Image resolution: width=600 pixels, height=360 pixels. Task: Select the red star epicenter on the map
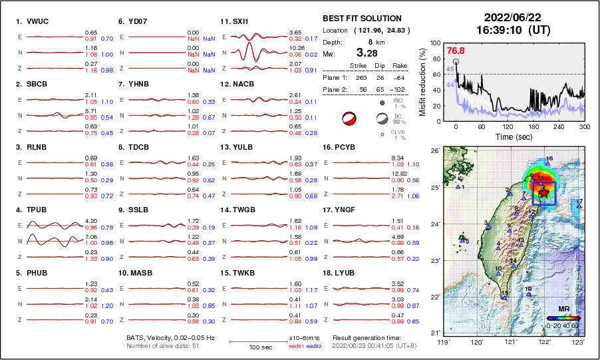pos(544,193)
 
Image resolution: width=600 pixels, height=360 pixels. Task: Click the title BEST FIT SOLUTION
pos(362,19)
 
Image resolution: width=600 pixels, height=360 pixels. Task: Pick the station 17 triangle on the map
pos(579,206)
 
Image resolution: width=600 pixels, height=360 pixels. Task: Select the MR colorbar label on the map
pos(563,309)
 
